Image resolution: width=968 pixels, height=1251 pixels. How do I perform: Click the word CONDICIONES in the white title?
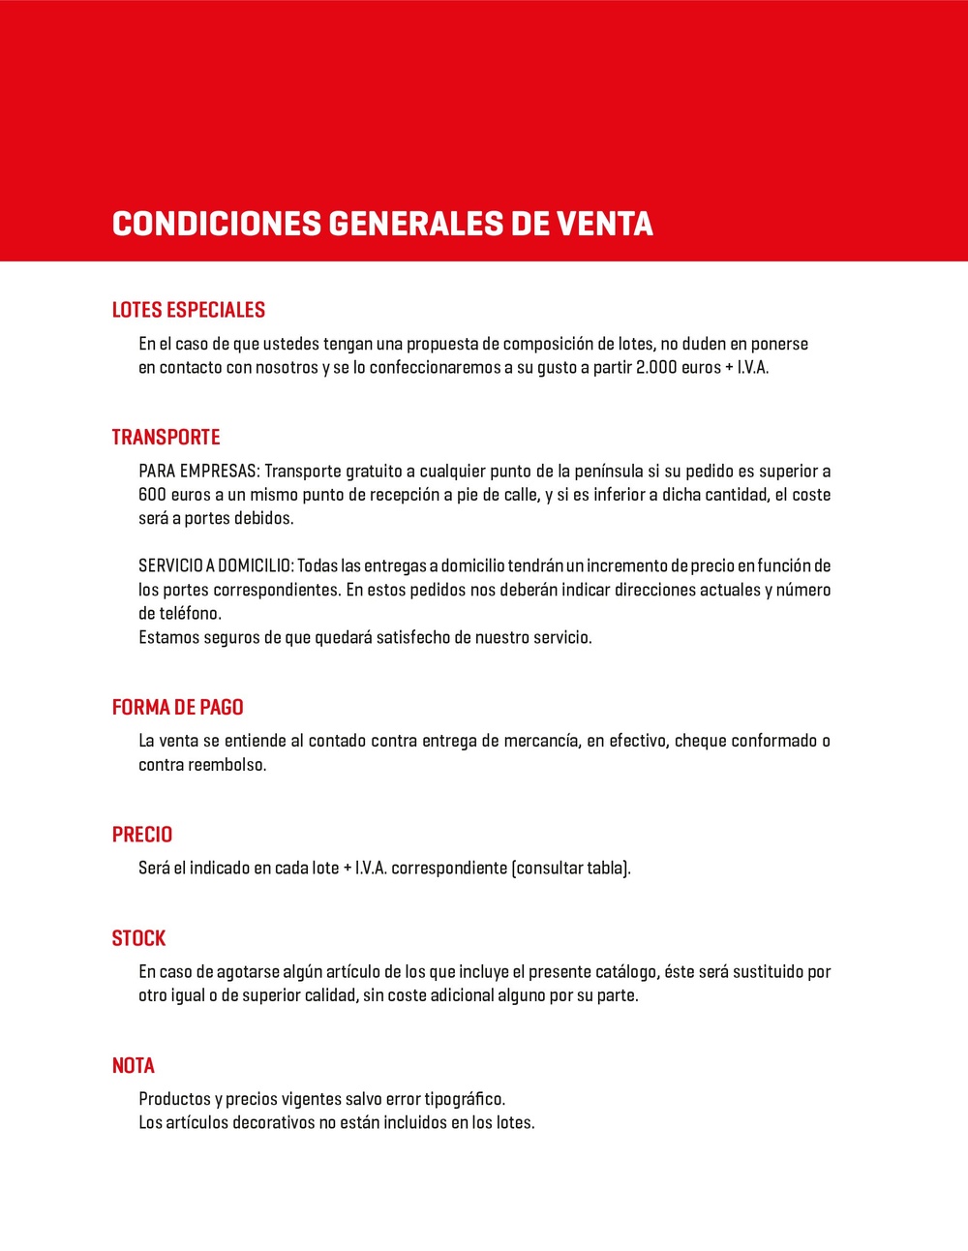click(x=217, y=224)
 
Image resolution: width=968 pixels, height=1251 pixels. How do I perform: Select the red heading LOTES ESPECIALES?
click(x=189, y=310)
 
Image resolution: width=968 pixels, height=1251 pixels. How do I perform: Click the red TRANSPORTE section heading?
click(x=166, y=437)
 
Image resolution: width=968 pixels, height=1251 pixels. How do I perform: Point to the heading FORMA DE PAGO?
click(x=177, y=707)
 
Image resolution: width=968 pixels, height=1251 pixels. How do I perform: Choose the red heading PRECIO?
click(x=142, y=835)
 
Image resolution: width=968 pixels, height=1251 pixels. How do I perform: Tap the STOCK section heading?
click(x=138, y=938)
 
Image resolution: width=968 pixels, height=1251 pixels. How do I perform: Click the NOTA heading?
click(x=134, y=1065)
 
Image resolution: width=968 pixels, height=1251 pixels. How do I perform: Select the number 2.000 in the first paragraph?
click(x=656, y=368)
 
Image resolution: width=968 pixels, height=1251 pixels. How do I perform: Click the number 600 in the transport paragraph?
click(x=152, y=495)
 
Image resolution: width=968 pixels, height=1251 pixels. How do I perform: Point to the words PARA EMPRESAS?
click(x=198, y=472)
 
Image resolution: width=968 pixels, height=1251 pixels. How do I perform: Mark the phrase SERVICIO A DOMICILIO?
click(x=215, y=565)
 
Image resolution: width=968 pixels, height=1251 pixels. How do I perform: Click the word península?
click(x=608, y=472)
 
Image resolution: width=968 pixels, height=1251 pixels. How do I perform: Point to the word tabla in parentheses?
click(x=606, y=868)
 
